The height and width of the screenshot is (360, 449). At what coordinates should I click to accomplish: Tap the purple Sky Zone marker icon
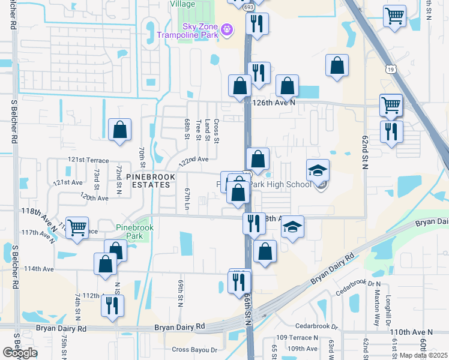tap(226, 28)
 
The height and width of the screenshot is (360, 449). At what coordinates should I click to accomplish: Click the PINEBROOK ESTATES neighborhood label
tap(148, 181)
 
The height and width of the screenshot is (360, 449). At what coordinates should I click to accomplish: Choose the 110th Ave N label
tap(411, 332)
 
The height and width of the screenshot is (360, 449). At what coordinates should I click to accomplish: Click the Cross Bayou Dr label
tap(194, 349)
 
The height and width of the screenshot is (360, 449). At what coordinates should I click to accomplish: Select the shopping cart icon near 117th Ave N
tap(77, 229)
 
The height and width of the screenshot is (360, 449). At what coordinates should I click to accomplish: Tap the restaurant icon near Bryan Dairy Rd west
tap(112, 305)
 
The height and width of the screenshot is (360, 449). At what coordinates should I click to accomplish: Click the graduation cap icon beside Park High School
tap(318, 170)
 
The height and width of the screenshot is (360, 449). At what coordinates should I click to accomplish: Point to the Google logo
tap(20, 353)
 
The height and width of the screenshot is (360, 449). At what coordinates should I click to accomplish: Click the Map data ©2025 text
tap(424, 355)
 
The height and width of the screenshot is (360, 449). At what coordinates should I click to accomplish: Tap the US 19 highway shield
tap(390, 71)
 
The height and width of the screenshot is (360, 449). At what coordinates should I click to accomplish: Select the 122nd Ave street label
tap(193, 160)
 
